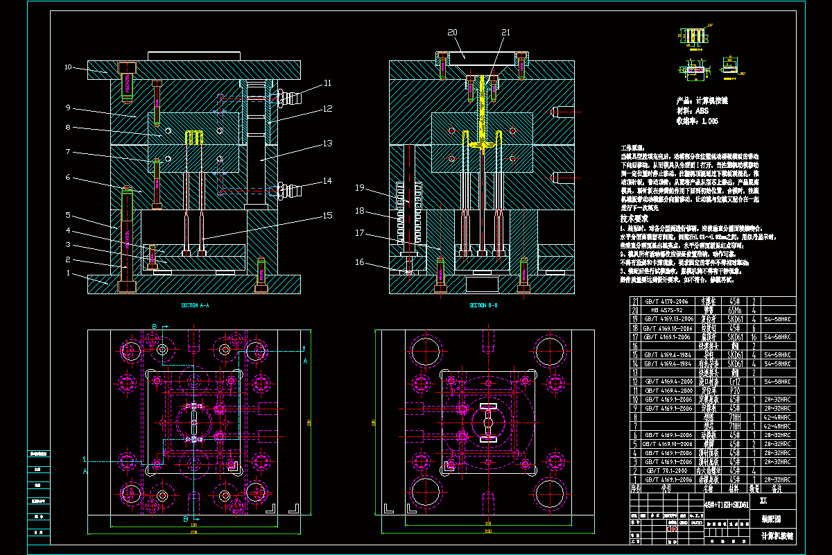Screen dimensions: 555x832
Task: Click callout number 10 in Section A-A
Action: (68, 67)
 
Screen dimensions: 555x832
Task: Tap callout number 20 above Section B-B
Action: (452, 33)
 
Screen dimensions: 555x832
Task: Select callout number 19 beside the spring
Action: (359, 187)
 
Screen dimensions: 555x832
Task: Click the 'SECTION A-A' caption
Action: (194, 305)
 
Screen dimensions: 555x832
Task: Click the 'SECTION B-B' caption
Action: (483, 305)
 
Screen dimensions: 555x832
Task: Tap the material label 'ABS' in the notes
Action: (702, 110)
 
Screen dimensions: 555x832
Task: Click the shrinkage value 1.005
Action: (709, 121)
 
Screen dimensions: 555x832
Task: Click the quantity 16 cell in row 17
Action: (753, 336)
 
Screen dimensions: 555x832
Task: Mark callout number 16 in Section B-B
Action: (359, 262)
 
